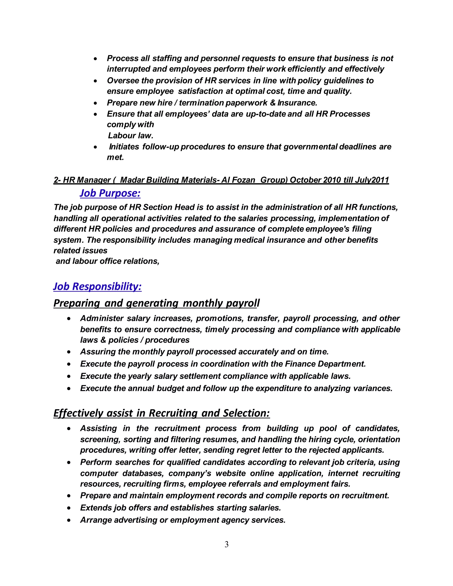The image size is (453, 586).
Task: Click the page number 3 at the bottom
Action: pos(226,544)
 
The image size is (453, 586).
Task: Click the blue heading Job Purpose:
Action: pos(110,193)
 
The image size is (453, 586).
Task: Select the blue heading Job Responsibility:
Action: pos(97,286)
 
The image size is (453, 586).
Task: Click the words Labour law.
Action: pos(131,136)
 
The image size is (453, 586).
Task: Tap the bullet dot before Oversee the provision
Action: pos(96,81)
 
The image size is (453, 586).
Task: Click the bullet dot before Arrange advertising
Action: pos(69,520)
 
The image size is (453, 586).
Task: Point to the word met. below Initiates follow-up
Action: pos(115,157)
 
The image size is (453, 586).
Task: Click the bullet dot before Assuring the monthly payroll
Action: pos(69,352)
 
